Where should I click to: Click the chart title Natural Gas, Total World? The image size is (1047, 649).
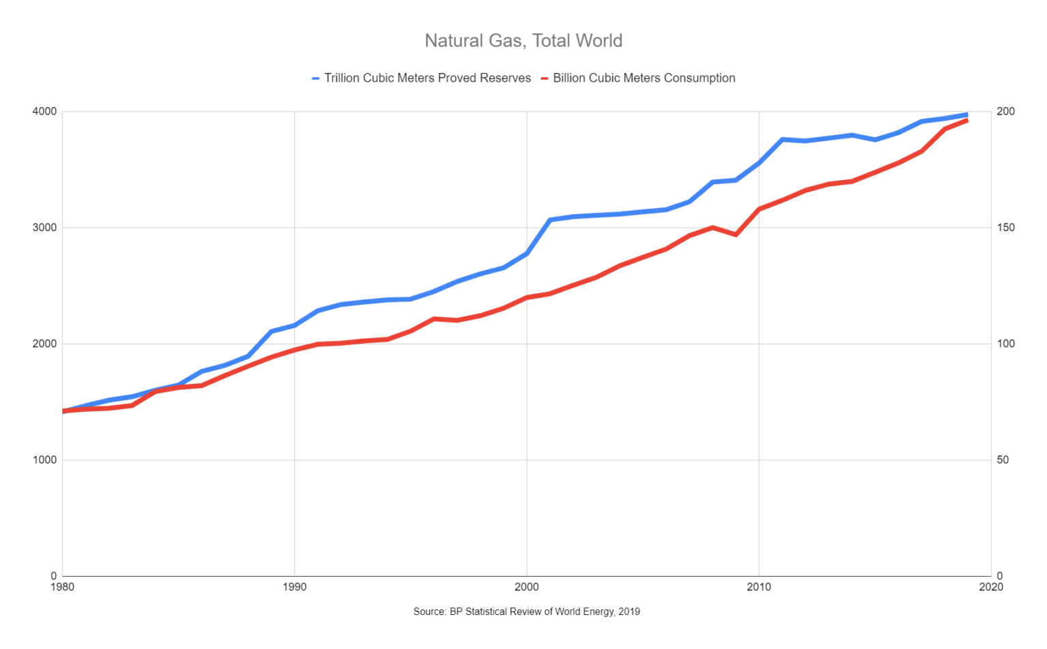coord(523,41)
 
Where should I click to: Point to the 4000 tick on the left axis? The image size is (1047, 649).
coord(44,112)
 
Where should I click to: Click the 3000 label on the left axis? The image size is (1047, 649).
coord(44,228)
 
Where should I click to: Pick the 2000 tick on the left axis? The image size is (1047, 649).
coord(44,344)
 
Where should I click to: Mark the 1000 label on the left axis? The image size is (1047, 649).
coord(44,460)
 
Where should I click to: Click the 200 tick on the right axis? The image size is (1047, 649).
coord(1005,112)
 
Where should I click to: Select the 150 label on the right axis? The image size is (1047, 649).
coord(1005,228)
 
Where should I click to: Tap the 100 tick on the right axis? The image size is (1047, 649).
coord(1005,344)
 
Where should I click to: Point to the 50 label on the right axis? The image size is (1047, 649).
coord(1003,460)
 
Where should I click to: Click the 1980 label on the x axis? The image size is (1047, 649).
coord(63,587)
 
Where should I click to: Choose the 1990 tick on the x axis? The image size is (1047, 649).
coord(294,587)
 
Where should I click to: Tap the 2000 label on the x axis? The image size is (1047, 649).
coord(526,587)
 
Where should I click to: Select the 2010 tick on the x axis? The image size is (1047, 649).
coord(759,587)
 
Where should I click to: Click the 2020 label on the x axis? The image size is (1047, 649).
coord(990,587)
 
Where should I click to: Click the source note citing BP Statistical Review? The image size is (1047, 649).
coord(526,612)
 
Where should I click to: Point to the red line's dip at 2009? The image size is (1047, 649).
coord(735,235)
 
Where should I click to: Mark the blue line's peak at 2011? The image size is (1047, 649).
coord(782,139)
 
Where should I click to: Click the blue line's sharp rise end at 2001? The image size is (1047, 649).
coord(550,220)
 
